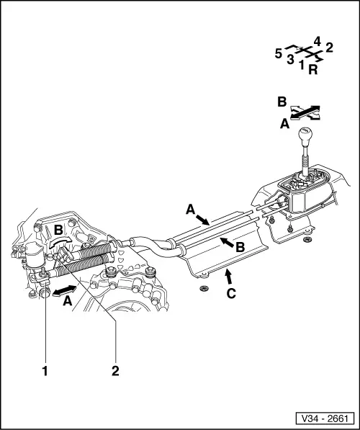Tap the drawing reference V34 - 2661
point(325,418)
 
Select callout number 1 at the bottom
point(45,372)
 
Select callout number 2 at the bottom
point(115,372)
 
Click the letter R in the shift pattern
point(313,70)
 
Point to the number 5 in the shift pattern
point(279,54)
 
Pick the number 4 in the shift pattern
point(317,42)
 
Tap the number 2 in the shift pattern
point(329,48)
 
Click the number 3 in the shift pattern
point(290,59)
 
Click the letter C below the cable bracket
point(231,293)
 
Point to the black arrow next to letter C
point(228,277)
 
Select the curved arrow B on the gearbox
point(60,242)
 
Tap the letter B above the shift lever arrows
point(282,102)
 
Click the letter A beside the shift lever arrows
point(285,124)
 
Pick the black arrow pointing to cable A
point(203,220)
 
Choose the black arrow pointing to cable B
point(227,241)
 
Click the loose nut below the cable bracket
point(203,288)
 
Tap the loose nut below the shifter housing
point(307,240)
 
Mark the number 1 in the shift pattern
point(302,65)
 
